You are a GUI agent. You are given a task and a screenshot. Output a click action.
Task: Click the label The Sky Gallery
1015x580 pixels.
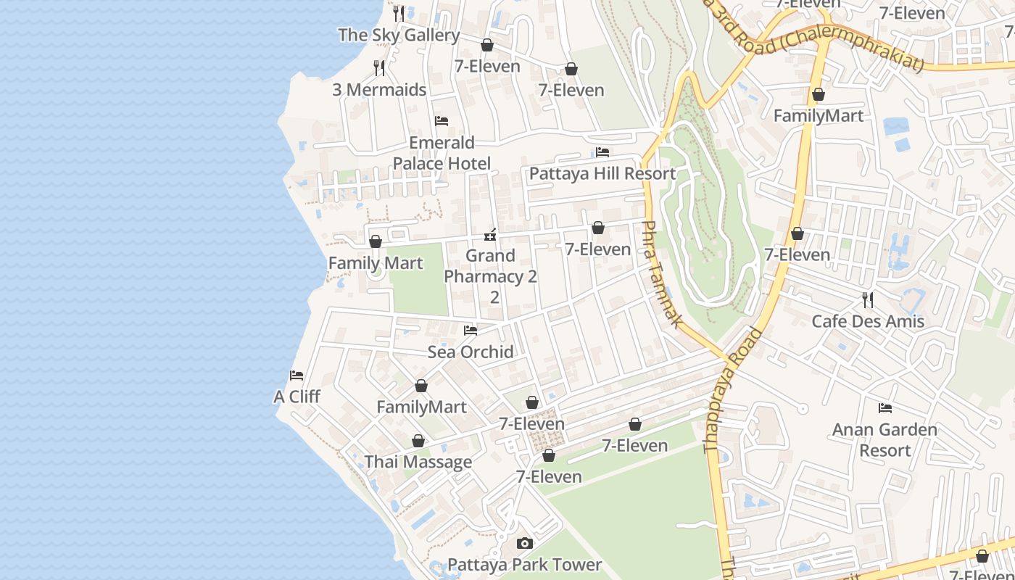(x=399, y=35)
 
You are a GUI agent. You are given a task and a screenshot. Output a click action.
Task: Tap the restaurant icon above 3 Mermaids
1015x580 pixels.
(x=379, y=68)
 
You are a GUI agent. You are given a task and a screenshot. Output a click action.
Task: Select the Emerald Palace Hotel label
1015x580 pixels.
(x=442, y=153)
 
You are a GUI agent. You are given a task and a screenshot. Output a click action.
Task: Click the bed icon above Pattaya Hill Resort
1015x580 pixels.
(x=602, y=152)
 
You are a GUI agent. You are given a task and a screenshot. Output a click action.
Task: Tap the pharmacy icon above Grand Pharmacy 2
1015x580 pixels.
(x=491, y=235)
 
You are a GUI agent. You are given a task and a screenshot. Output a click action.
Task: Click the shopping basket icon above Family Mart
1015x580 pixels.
(x=376, y=241)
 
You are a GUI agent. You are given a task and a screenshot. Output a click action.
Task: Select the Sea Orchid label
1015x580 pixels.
(x=471, y=352)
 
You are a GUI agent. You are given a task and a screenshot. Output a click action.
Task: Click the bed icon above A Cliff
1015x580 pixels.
(x=297, y=376)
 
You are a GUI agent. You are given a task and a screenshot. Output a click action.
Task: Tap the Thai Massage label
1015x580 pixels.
(x=418, y=462)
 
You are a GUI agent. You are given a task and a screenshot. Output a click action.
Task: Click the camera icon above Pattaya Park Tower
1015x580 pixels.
(x=524, y=543)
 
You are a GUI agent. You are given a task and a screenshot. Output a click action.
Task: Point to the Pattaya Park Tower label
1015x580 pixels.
(x=524, y=564)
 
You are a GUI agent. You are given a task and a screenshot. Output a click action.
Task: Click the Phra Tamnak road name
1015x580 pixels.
(x=660, y=274)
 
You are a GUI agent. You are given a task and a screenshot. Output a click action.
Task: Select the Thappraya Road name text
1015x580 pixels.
(x=734, y=391)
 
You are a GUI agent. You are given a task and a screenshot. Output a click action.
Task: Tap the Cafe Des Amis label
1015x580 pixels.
(x=868, y=321)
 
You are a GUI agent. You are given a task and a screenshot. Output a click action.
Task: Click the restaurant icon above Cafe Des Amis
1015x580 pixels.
(x=868, y=299)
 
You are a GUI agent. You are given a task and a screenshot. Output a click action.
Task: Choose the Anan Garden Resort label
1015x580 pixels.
(x=884, y=439)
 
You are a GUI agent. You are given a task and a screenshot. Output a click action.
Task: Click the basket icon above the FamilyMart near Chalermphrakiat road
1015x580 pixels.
(x=819, y=94)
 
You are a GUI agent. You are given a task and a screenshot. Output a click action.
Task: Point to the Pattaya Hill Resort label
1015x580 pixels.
(x=602, y=173)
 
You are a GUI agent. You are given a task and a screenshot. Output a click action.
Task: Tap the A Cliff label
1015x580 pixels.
(x=297, y=397)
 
